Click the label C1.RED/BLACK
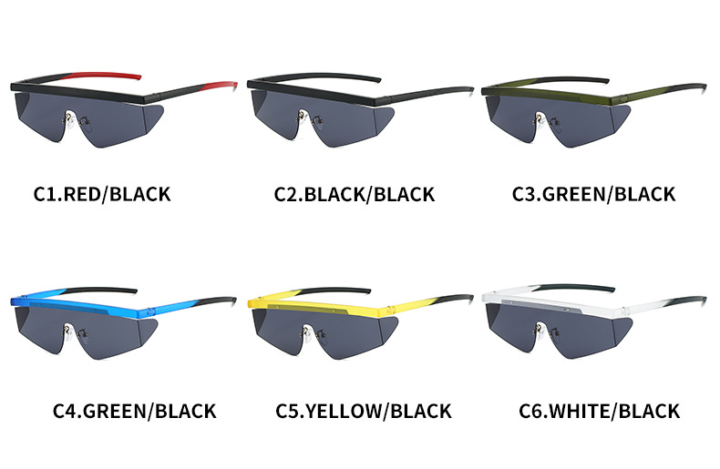pyautogui.click(x=102, y=193)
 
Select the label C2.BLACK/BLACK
pyautogui.click(x=355, y=194)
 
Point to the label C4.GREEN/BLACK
pyautogui.click(x=134, y=411)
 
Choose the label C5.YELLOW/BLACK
pyautogui.click(x=364, y=411)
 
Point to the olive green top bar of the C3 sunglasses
pyautogui.click(x=547, y=89)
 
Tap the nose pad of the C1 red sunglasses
pyautogui.click(x=67, y=116)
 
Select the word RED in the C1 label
pyautogui.click(x=85, y=193)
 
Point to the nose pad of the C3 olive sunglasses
pyautogui.click(x=538, y=117)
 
